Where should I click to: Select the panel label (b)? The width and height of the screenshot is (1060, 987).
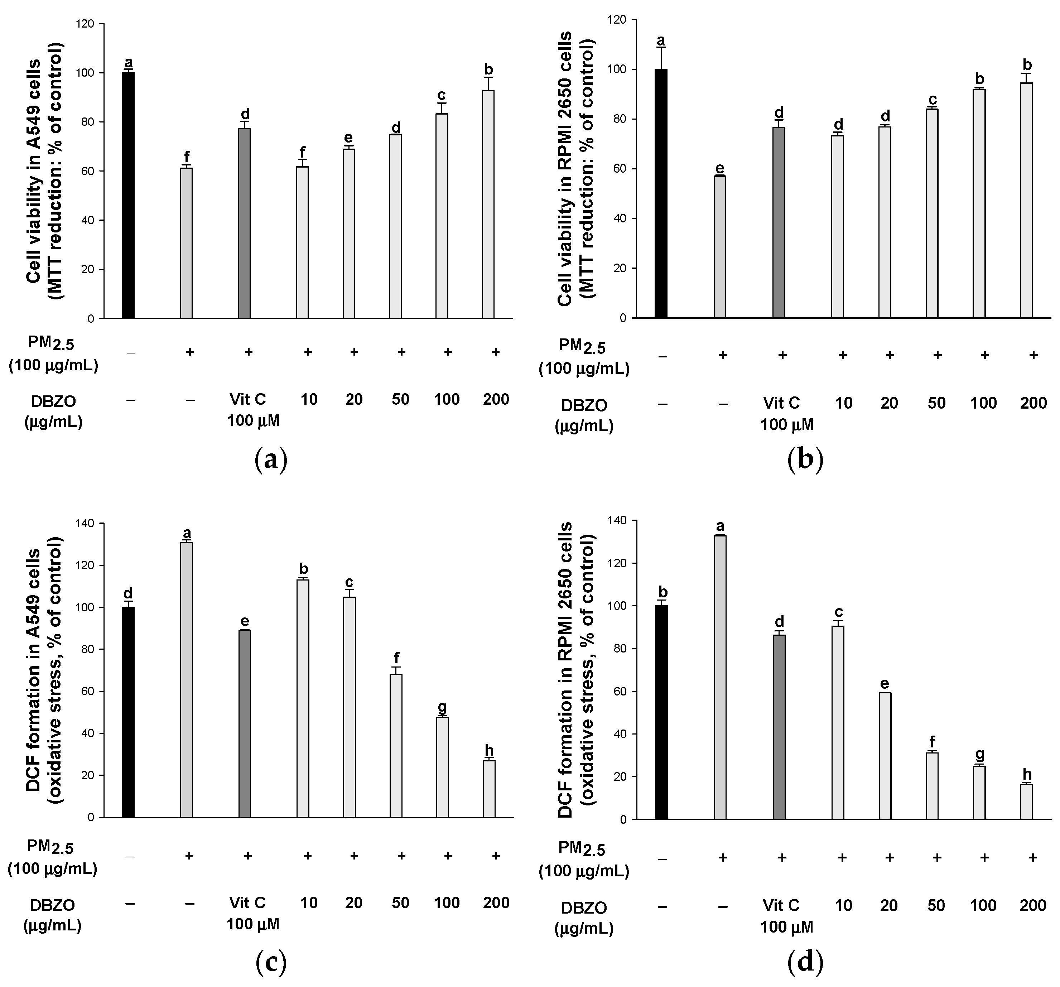[x=805, y=459]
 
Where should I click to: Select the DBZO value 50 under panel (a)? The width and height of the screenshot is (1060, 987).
[x=400, y=399]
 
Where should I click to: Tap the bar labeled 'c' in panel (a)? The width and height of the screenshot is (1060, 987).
[x=442, y=216]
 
